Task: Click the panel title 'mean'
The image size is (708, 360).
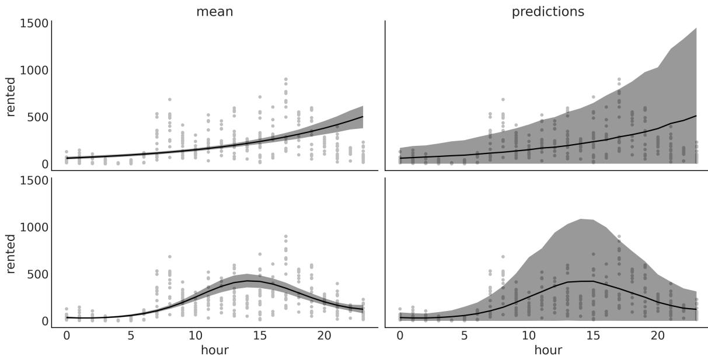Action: point(214,12)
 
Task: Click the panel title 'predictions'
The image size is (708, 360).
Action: point(547,12)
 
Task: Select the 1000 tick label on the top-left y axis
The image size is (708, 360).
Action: point(34,71)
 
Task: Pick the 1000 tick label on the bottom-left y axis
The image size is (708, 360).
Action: point(34,227)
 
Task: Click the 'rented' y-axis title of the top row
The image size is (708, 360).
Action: point(11,96)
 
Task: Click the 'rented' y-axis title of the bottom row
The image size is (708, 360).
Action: point(11,253)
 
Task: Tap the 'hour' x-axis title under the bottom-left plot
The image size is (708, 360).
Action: point(214,350)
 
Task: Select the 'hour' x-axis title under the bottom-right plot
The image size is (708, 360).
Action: point(547,350)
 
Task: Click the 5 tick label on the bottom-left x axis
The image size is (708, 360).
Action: point(131,336)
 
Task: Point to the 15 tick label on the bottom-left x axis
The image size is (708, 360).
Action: point(260,336)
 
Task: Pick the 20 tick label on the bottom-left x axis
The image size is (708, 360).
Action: point(324,336)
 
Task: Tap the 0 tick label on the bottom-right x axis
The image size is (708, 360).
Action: point(400,336)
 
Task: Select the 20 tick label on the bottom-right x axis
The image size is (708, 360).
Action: point(657,336)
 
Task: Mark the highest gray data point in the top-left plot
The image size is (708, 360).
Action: point(285,79)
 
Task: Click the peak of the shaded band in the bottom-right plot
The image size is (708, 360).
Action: point(580,219)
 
